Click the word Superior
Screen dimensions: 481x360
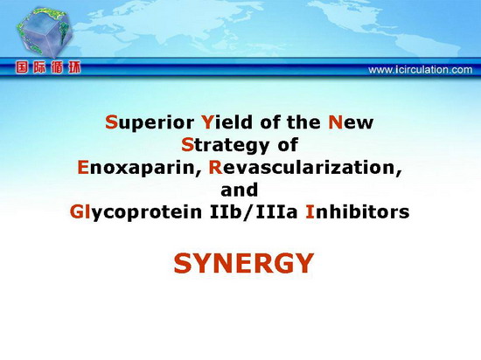coord(150,123)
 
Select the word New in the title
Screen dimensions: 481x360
coord(351,122)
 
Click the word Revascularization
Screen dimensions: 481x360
coord(305,168)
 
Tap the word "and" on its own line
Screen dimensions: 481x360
coord(240,190)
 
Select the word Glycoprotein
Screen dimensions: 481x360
coord(136,212)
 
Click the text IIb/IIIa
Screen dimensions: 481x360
coord(254,211)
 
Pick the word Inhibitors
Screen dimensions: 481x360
coord(358,211)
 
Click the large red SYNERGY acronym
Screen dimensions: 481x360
coord(244,263)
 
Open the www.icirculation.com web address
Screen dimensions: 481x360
coord(421,70)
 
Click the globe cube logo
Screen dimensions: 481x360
coord(45,32)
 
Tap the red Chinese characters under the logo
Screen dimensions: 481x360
coord(48,67)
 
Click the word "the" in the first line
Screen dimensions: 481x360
coord(303,122)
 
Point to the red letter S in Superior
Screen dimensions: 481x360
coord(111,122)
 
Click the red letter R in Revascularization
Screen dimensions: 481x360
coord(215,167)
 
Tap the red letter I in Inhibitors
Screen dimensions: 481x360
coord(310,212)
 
